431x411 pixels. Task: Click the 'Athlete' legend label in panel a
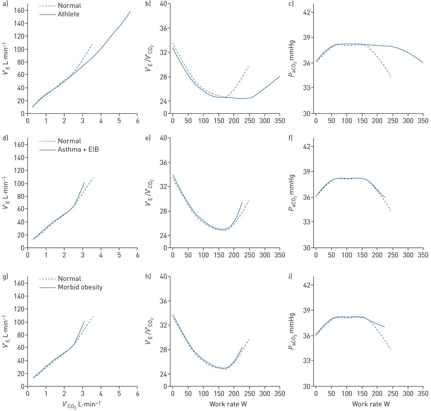tap(68, 14)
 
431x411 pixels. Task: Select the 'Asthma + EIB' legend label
tap(78, 149)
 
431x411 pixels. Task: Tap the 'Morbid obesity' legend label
tap(80, 287)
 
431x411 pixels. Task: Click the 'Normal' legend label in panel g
tap(69, 279)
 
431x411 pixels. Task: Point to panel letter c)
tap(291, 4)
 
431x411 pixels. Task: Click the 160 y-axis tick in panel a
tap(19, 10)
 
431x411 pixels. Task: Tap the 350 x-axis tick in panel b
tap(279, 121)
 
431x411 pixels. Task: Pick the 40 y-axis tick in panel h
tap(164, 277)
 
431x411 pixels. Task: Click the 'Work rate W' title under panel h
tap(228, 404)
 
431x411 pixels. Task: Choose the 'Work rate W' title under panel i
tap(371, 404)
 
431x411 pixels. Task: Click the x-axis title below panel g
tap(82, 404)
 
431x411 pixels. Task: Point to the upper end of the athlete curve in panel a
tap(130, 11)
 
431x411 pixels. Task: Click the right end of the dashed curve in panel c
tap(391, 77)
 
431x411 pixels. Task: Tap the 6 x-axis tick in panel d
tap(138, 255)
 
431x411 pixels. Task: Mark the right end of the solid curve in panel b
tap(280, 76)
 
